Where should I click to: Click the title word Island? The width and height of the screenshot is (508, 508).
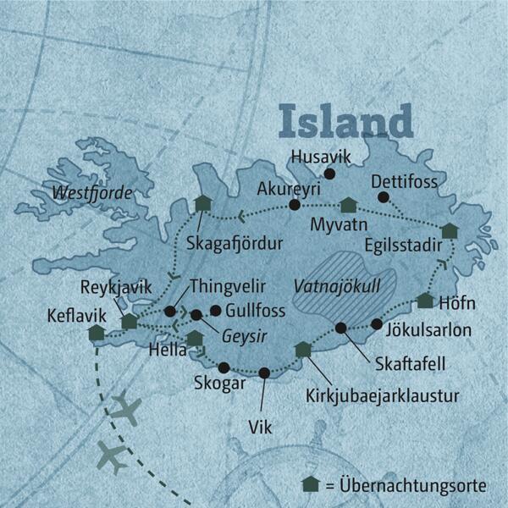click(x=345, y=121)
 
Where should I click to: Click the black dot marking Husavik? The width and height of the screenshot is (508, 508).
click(x=330, y=174)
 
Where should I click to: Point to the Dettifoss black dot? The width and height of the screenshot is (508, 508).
click(x=383, y=197)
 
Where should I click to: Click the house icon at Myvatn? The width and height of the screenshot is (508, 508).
click(x=348, y=205)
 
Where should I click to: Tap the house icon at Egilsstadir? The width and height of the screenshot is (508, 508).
click(x=449, y=230)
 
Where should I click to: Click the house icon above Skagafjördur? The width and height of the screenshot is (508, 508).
click(x=202, y=203)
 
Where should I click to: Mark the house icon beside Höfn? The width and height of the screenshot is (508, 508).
click(x=425, y=301)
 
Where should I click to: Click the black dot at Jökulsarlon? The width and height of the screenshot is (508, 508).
click(x=377, y=323)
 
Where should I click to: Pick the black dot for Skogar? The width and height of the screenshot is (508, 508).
click(x=224, y=367)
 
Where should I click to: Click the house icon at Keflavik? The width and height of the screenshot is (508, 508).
click(x=96, y=333)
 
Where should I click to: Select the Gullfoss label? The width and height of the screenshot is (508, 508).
click(x=256, y=310)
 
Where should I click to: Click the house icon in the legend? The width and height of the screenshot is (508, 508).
click(x=312, y=485)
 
